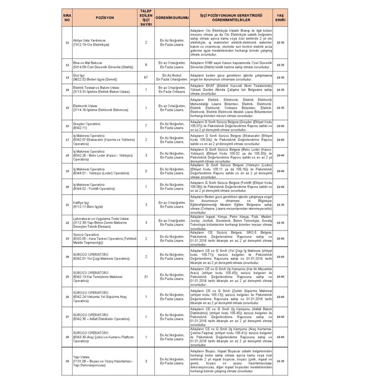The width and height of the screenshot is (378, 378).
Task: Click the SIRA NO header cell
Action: (x=67, y=17)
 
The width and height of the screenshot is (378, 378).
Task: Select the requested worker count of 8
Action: (x=146, y=65)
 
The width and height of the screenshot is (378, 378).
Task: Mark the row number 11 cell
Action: (x=67, y=42)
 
